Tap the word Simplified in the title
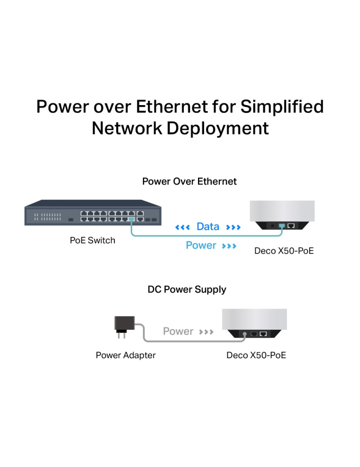pos(282,107)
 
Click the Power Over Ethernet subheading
pos(189,181)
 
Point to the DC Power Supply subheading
pos(187,290)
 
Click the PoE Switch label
pos(92,241)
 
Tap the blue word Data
pos(208,227)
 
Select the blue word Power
pos(201,246)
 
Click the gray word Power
pos(178,332)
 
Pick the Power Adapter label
pos(126,355)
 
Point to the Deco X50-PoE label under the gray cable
pos(256,355)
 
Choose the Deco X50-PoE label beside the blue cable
pos(284,251)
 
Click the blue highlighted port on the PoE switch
pos(131,219)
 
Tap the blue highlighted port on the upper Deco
pos(281,226)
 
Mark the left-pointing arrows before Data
pos(182,227)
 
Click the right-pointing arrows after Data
pos(233,227)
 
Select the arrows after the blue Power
pos(229,246)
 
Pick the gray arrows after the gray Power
pos(206,332)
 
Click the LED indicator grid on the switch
pos(47,217)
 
